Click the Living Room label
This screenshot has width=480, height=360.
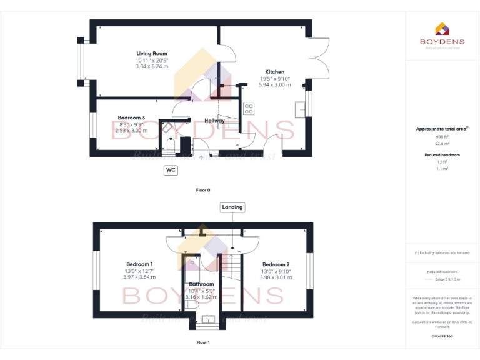click(x=152, y=54)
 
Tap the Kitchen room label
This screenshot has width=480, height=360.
click(x=274, y=72)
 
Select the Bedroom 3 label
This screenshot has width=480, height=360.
click(x=131, y=117)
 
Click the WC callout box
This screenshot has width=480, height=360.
click(x=170, y=169)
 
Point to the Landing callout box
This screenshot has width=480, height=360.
click(x=232, y=207)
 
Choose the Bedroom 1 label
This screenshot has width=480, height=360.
click(x=139, y=264)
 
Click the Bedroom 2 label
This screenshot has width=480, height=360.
click(x=276, y=264)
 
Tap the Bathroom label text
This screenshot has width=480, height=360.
click(x=201, y=284)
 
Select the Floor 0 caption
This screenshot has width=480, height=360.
click(x=203, y=189)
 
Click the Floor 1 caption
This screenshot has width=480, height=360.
click(x=203, y=342)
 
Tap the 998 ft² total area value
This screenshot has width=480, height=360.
click(x=442, y=136)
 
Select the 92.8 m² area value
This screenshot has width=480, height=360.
click(x=442, y=143)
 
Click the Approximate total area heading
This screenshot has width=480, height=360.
click(x=442, y=129)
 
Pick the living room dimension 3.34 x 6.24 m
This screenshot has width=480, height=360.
click(x=152, y=66)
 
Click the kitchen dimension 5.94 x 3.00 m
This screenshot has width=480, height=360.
click(x=274, y=84)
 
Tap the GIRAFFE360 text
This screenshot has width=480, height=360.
click(x=442, y=336)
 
